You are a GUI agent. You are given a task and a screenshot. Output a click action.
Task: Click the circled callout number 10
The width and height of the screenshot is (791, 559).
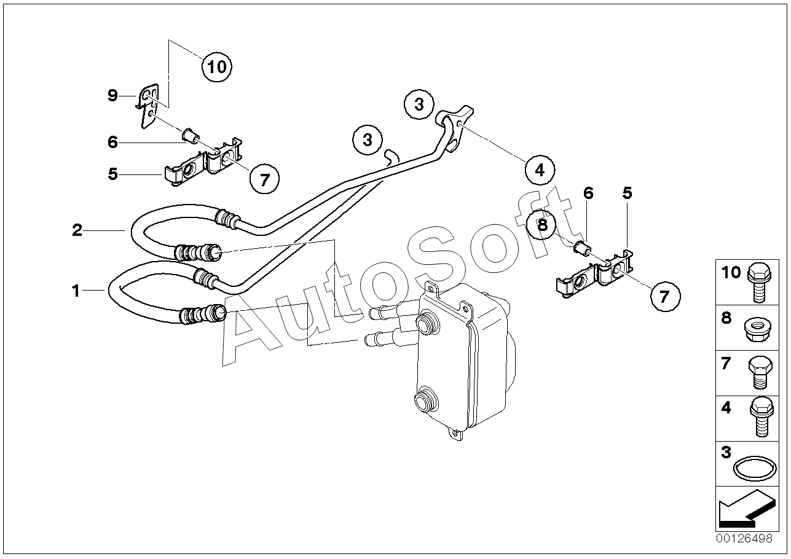tap(216, 66)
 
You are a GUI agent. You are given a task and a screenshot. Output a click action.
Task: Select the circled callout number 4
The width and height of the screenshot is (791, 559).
tap(540, 170)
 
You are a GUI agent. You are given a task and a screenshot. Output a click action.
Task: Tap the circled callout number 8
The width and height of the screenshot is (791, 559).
tap(542, 225)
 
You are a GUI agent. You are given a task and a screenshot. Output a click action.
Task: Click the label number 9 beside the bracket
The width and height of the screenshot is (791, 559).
tap(112, 95)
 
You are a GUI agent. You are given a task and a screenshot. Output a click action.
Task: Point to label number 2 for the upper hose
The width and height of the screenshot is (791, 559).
tap(77, 230)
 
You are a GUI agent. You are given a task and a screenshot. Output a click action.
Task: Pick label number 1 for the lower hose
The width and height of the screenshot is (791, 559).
tap(76, 291)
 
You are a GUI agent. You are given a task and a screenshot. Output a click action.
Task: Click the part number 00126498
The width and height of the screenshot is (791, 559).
tap(744, 539)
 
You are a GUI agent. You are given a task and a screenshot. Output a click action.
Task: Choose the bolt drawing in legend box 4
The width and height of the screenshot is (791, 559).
tap(760, 417)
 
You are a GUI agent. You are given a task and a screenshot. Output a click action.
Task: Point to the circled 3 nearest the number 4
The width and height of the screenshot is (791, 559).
tap(419, 104)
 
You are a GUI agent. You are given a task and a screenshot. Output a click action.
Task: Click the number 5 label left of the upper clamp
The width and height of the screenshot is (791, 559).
tap(112, 174)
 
